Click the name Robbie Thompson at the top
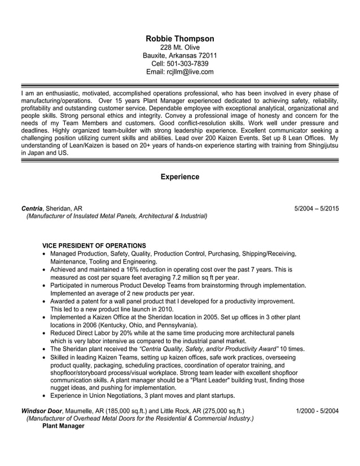click(x=180, y=39)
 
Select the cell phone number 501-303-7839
click(x=191, y=64)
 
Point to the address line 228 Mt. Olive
click(x=180, y=47)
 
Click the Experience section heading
click(x=180, y=177)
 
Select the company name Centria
click(x=32, y=208)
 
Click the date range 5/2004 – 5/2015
click(x=317, y=208)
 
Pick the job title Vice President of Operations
click(x=94, y=246)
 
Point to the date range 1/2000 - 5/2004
click(x=317, y=410)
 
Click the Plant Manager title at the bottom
click(x=63, y=426)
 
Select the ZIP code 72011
click(x=206, y=55)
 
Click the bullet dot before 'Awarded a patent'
click(x=45, y=302)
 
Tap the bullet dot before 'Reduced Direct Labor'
click(x=45, y=333)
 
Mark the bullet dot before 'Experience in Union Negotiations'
click(x=45, y=397)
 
